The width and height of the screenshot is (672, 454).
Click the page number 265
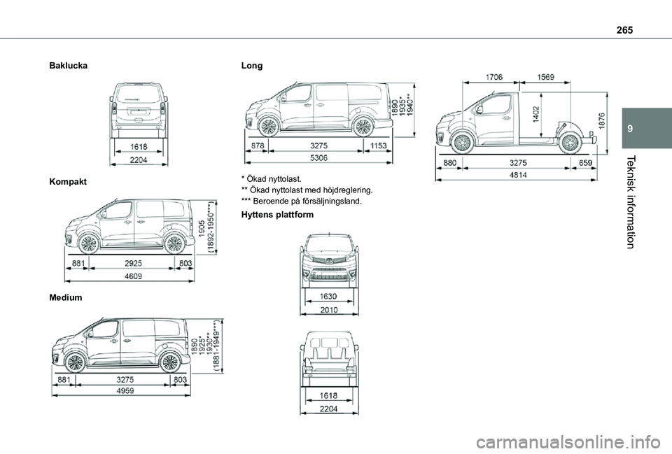[x=624, y=29]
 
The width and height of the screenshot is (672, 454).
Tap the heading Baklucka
[x=69, y=66]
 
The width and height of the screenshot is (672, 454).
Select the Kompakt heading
[x=68, y=182]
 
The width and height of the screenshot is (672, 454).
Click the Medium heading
[x=66, y=297]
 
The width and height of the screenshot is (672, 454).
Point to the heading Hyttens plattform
[x=278, y=215]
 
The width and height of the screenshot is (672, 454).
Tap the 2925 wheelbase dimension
[x=133, y=264]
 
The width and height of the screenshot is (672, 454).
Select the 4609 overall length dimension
[x=133, y=276]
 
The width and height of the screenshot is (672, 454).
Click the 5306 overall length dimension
[x=319, y=157]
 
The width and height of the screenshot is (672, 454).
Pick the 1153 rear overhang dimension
[x=379, y=146]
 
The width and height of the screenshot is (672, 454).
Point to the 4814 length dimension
[x=518, y=175]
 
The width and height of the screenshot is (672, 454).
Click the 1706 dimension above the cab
[x=494, y=77]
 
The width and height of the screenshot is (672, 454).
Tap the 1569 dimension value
[x=545, y=77]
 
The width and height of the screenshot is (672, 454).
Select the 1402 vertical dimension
[x=535, y=115]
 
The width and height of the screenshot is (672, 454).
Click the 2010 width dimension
[x=329, y=310]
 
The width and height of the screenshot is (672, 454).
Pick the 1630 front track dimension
[x=329, y=296]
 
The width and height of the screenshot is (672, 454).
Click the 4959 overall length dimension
[x=125, y=390]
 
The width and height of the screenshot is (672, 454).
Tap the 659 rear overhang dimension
[x=585, y=163]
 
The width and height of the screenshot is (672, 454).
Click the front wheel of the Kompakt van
[x=89, y=243]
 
